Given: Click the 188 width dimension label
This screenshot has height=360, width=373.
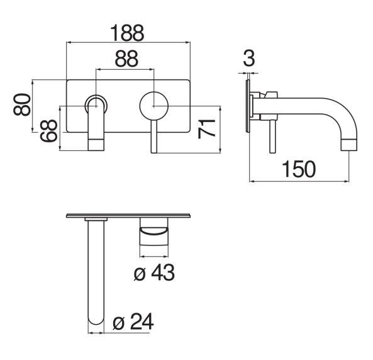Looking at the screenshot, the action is coord(127,33).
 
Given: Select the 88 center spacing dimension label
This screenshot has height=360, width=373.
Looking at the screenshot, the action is coord(126,59).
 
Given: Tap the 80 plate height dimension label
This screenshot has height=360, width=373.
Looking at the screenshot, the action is coord(22,104).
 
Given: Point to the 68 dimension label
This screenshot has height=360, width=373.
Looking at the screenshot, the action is coord(48,130).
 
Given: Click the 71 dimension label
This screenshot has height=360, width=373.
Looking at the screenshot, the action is coord(206,129).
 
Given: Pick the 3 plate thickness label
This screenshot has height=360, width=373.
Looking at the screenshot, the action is coord(249,59).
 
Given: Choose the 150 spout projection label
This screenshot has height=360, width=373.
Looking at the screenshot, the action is coord(299,169).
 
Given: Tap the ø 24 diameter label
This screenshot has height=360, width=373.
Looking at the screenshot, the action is coord(133,322).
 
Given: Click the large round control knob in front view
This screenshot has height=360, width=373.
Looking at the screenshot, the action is coord(154,106).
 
